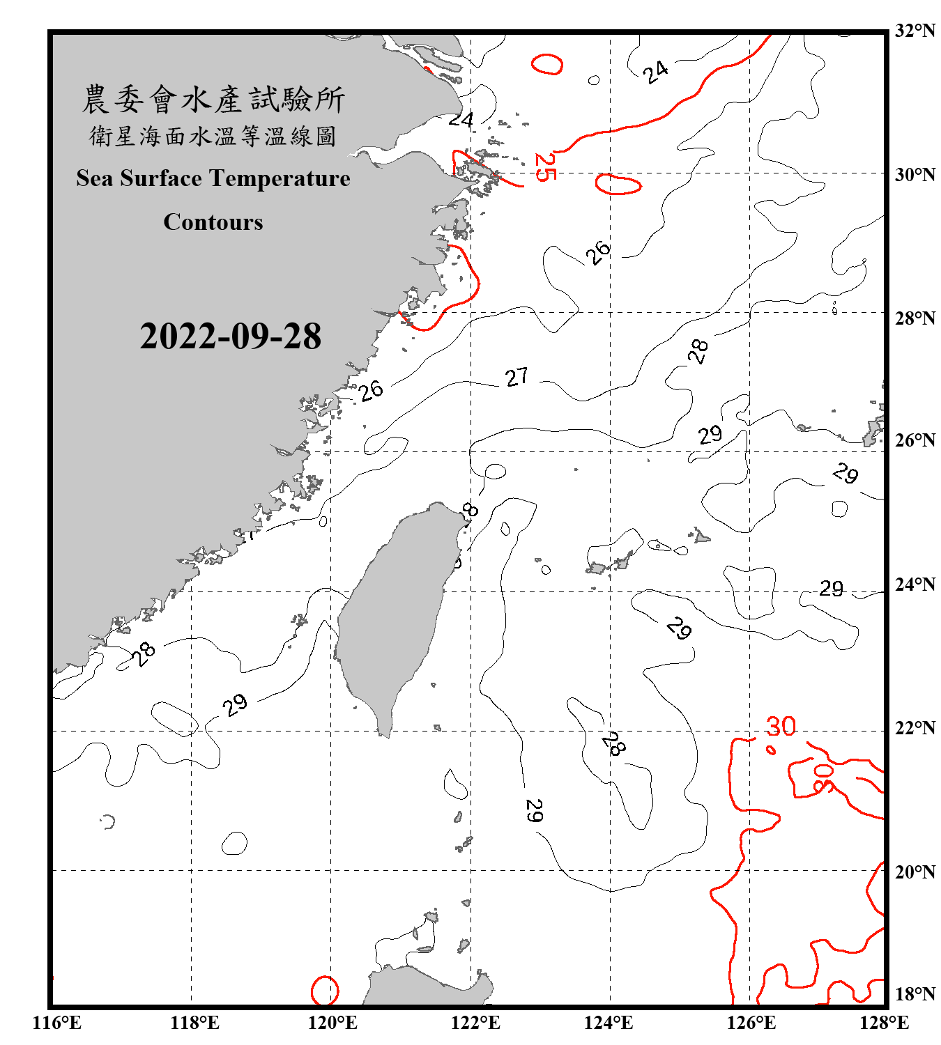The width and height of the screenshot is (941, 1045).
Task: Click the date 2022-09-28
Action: click(230, 336)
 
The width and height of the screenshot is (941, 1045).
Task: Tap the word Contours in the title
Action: click(213, 222)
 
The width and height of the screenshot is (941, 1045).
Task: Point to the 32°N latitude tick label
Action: click(915, 31)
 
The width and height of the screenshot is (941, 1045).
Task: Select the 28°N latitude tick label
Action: click(915, 318)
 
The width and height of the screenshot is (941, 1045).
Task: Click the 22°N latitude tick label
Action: click(915, 728)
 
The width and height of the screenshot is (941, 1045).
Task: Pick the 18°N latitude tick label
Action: click(915, 994)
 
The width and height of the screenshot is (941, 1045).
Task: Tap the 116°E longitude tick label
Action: click(56, 1023)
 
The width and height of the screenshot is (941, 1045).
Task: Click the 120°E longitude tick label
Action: click(332, 1023)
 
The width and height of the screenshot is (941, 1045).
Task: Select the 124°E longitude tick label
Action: click(609, 1023)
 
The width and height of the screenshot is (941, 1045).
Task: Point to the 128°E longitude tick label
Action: click(884, 1023)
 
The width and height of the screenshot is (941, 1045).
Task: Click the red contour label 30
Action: click(781, 727)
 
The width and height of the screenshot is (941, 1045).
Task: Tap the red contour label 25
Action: click(544, 167)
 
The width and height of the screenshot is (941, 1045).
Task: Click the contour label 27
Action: click(517, 377)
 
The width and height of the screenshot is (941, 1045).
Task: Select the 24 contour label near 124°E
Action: click(655, 71)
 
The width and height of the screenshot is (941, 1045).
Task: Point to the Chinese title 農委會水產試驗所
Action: click(213, 100)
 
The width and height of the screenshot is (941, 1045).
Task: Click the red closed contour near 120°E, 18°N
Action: click(324, 990)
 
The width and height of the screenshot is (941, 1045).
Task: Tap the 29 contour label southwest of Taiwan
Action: click(235, 704)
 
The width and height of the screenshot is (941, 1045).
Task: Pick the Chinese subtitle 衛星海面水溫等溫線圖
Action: click(213, 136)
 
